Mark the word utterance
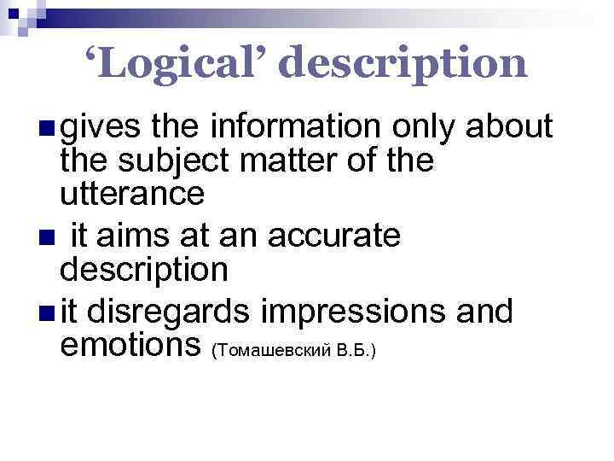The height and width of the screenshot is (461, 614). coord(131,195)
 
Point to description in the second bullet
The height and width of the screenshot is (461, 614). coord(143,270)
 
